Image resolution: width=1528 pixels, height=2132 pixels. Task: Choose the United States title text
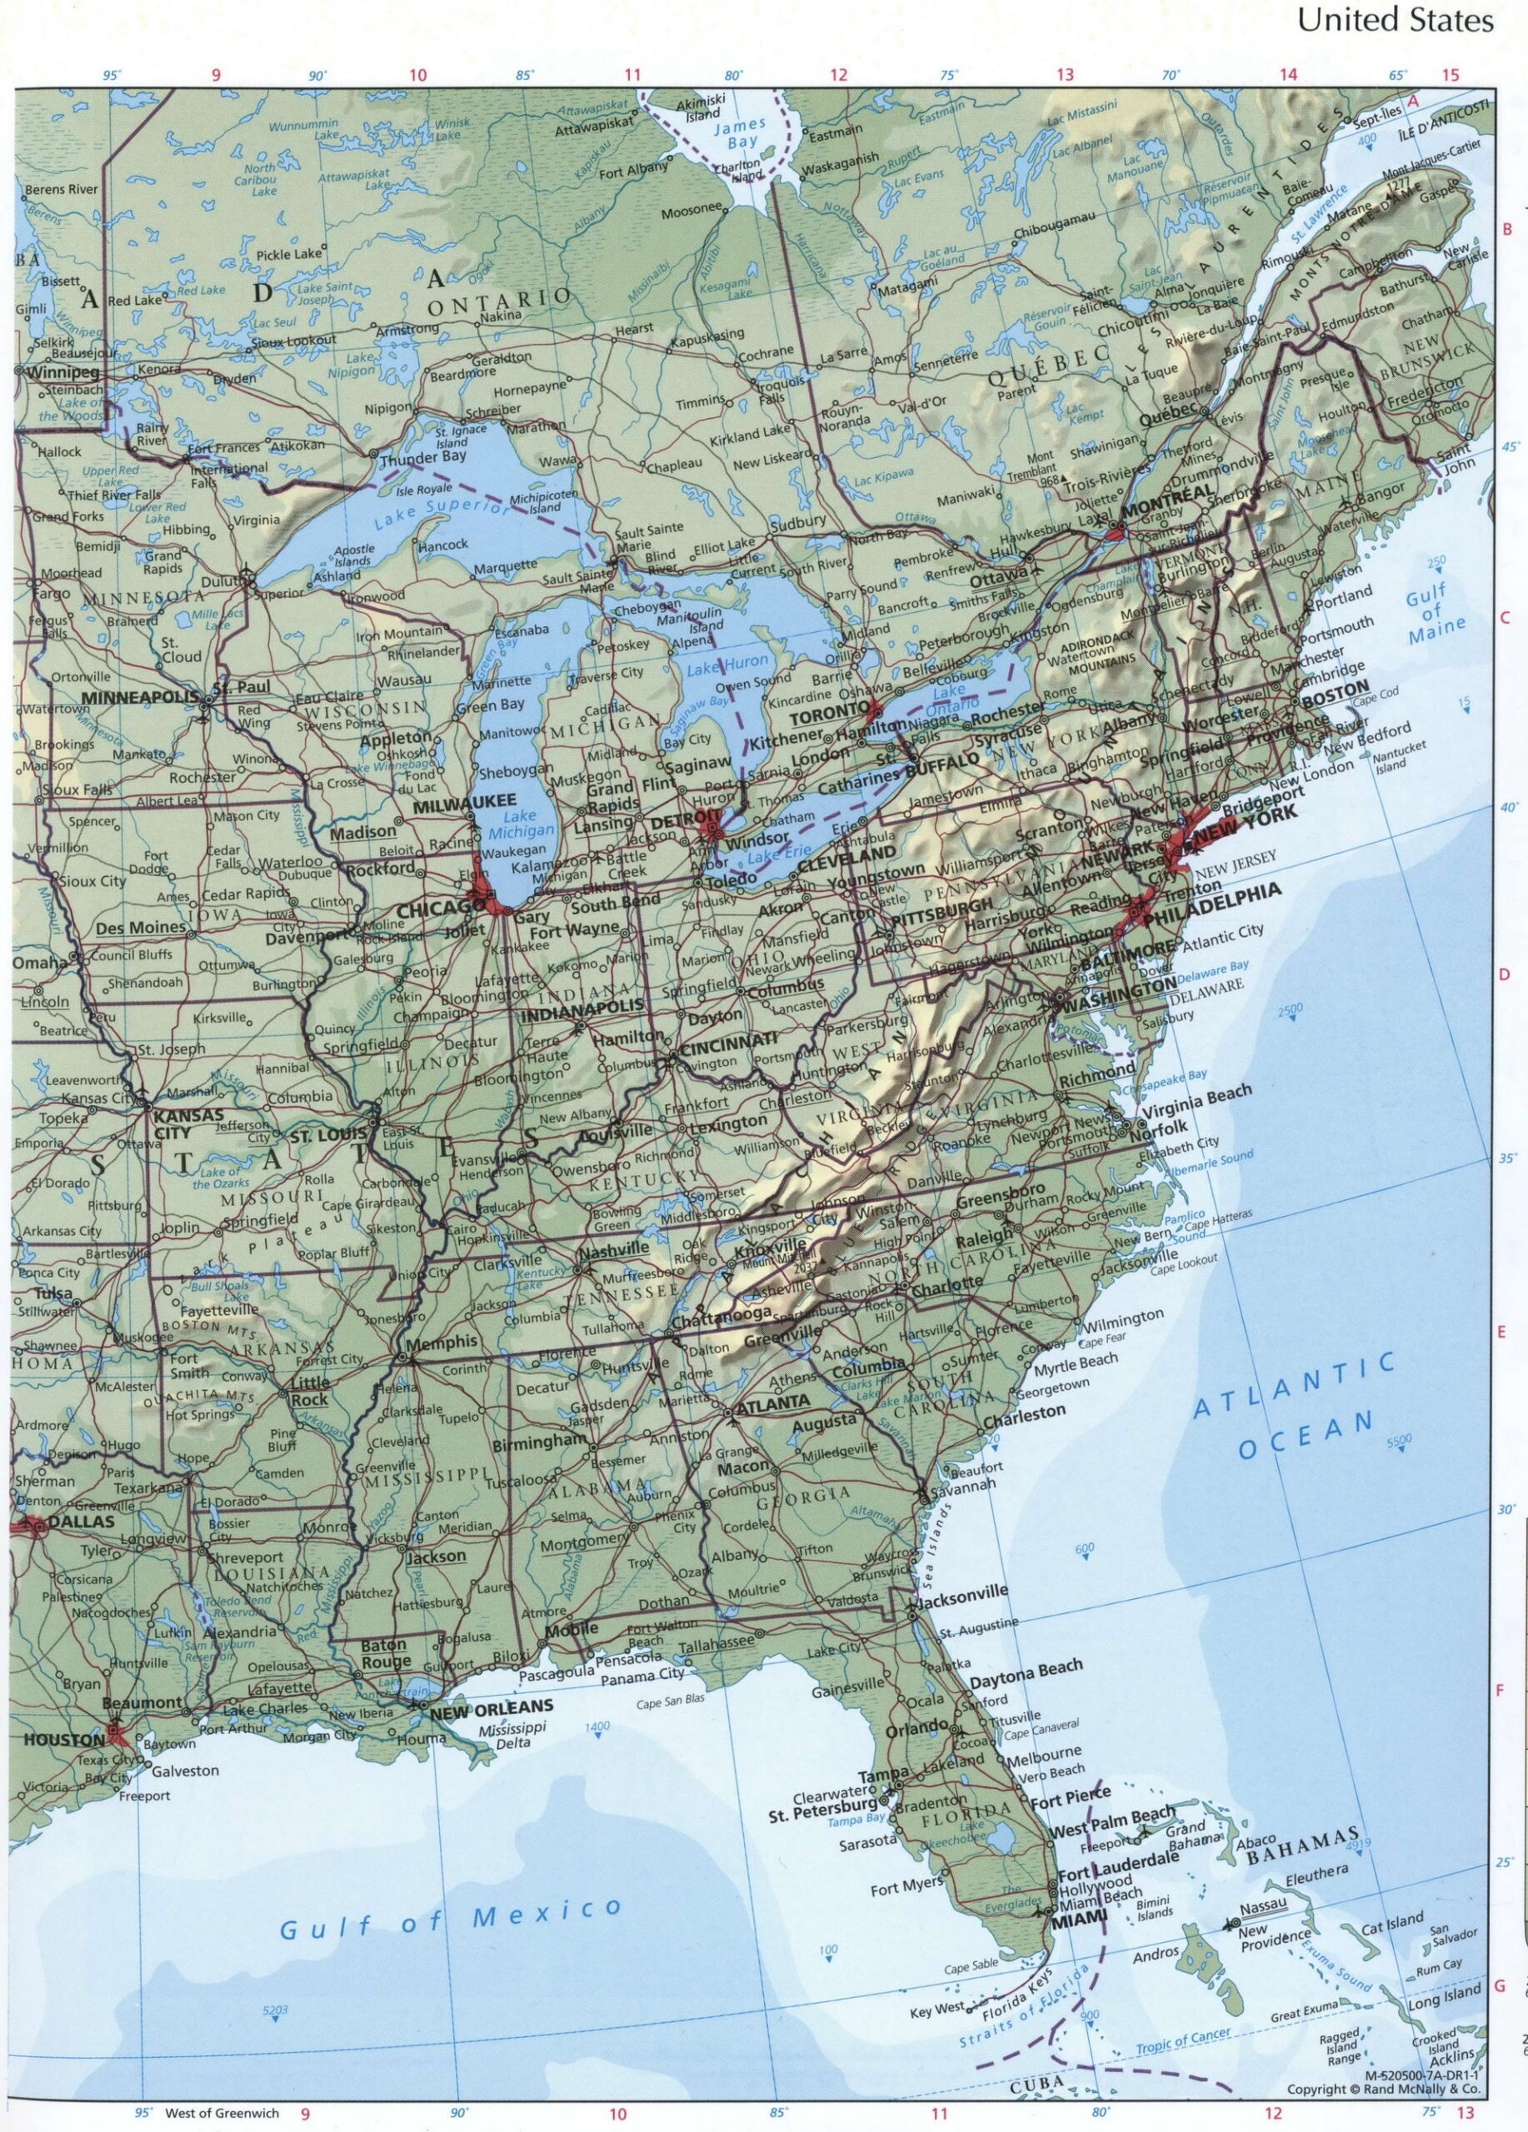tap(1396, 21)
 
